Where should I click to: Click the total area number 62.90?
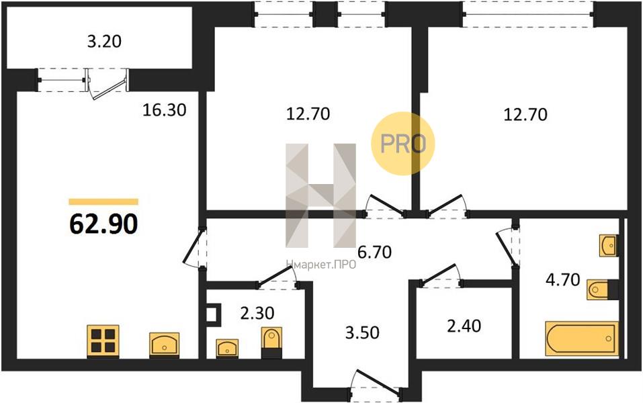(x=103, y=224)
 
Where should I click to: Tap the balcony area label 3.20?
(x=104, y=42)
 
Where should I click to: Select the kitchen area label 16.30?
(x=164, y=110)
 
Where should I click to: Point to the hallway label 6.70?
(x=374, y=252)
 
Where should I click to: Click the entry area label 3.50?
(x=362, y=332)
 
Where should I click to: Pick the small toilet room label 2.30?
(x=257, y=313)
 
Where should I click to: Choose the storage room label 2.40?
(x=464, y=326)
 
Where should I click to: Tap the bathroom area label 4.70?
(x=562, y=280)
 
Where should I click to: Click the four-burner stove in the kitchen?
(x=103, y=341)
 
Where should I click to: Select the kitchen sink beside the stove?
(x=164, y=345)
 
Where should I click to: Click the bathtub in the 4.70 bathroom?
(x=581, y=339)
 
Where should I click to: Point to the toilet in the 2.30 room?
(x=271, y=343)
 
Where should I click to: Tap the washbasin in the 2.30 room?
(x=227, y=349)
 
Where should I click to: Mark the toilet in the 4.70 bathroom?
(x=602, y=290)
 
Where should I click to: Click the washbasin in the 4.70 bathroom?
(x=609, y=246)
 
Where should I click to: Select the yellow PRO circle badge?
(x=402, y=144)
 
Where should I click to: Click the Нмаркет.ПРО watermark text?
(x=320, y=265)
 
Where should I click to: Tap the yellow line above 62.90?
(x=103, y=201)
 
